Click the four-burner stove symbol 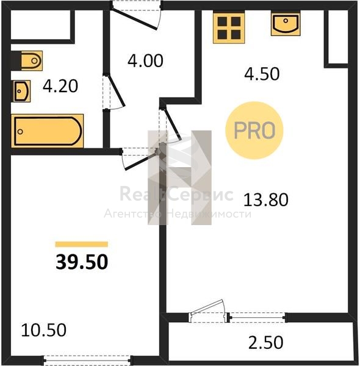229,28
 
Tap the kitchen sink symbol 286,24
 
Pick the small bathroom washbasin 21,91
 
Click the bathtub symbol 47,131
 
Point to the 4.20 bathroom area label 60,87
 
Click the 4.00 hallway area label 145,60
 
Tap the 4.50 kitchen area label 262,74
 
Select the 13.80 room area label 265,200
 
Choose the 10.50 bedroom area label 44,330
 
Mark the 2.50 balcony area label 265,343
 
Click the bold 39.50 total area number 82,262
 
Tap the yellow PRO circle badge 254,131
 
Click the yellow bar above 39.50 82,245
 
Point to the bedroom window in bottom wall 87,360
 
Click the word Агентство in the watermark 132,213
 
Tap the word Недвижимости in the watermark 210,214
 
